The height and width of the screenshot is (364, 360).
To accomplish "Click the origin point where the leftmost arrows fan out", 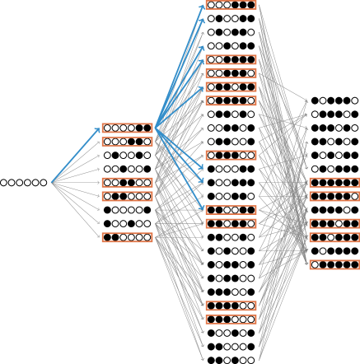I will pyautogui.click(x=52, y=182).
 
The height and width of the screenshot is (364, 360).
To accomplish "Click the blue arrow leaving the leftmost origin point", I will pyautogui.click(x=76, y=155).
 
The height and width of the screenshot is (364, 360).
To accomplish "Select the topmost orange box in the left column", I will pyautogui.click(x=127, y=128).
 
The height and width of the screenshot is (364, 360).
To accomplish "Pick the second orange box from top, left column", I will pyautogui.click(x=127, y=142).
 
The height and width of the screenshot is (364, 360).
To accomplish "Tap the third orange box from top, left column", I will pyautogui.click(x=127, y=182).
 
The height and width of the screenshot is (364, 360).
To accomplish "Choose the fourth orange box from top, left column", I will pyautogui.click(x=127, y=196).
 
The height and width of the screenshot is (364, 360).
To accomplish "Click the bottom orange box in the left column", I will pyautogui.click(x=127, y=237).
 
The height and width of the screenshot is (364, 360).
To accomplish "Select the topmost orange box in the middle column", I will pyautogui.click(x=231, y=5).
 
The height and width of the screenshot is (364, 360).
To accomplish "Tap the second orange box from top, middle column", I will pyautogui.click(x=231, y=59).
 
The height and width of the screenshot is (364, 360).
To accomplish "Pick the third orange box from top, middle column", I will pyautogui.click(x=231, y=73).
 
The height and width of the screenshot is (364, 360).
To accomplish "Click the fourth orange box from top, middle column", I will pyautogui.click(x=231, y=86).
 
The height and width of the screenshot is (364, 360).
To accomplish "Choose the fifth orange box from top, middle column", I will pyautogui.click(x=231, y=100).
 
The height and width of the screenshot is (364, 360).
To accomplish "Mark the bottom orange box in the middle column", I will pyautogui.click(x=231, y=319).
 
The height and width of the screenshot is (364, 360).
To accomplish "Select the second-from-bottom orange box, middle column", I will pyautogui.click(x=231, y=306).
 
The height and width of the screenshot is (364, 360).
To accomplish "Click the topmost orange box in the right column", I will pyautogui.click(x=334, y=182).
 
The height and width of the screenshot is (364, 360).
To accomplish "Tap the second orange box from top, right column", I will pyautogui.click(x=334, y=196).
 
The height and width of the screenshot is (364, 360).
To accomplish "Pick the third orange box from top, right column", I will pyautogui.click(x=334, y=223).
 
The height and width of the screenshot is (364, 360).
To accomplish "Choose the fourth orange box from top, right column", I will pyautogui.click(x=334, y=237).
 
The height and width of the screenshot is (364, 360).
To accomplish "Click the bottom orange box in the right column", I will pyautogui.click(x=334, y=264).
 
